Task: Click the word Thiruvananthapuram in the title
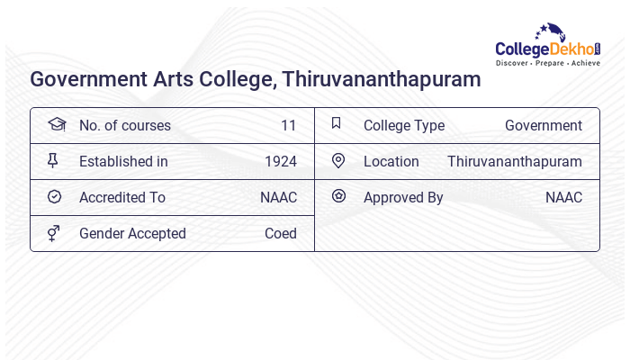point(382,79)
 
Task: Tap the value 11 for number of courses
point(288,126)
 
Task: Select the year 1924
point(280,162)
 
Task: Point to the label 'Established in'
point(123,162)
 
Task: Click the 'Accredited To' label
point(122,198)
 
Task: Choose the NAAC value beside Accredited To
point(278,198)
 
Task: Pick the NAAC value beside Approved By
point(563,198)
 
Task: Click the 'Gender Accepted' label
point(132,234)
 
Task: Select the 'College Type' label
point(404,126)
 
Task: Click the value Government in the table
point(543,126)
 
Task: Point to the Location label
point(391,162)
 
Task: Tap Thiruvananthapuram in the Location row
point(514,162)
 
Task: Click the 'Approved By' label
point(403,198)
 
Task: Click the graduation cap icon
point(56,124)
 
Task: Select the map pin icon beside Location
point(338,161)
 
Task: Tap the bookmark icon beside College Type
point(336,123)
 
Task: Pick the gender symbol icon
point(54,233)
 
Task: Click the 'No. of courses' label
point(124,126)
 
